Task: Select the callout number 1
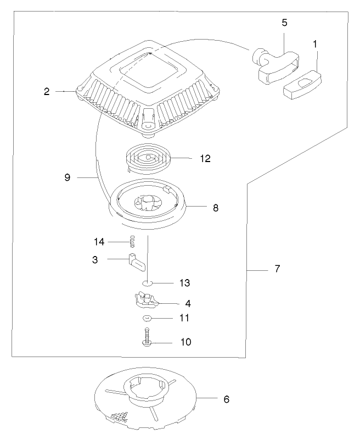[x=314, y=43]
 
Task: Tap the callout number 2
[x=47, y=91]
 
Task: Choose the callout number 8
[x=216, y=208]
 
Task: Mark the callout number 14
[x=99, y=241]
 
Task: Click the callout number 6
[x=227, y=399]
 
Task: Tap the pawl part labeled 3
[x=137, y=263]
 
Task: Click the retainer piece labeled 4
[x=145, y=300]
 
